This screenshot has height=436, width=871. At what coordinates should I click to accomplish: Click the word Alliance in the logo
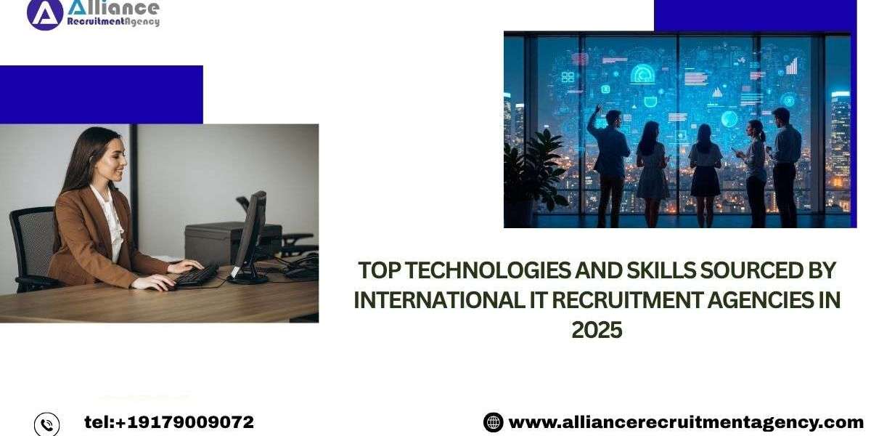113,8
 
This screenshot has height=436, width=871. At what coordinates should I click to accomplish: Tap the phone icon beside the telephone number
46,424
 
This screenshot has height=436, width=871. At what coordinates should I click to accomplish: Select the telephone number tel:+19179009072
169,422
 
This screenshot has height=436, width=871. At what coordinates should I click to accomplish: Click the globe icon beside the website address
493,422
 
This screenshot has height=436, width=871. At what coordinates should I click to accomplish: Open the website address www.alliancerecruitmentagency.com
686,423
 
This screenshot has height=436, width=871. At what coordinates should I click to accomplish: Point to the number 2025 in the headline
597,330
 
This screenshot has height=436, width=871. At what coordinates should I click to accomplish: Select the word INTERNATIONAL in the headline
439,300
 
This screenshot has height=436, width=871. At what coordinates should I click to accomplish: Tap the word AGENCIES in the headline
758,300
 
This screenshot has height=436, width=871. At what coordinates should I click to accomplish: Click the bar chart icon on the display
792,66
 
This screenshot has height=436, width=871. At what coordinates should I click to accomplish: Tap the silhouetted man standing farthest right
785,167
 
